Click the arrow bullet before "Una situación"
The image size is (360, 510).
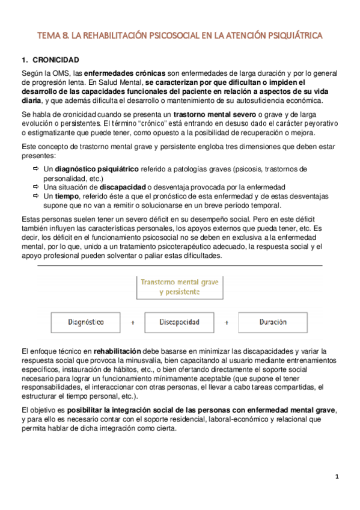pos(36,187)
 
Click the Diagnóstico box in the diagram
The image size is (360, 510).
pos(87,322)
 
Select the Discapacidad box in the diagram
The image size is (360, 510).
pos(180,322)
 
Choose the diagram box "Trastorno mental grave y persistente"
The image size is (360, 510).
pos(180,286)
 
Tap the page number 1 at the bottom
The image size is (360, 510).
pos(337,477)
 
